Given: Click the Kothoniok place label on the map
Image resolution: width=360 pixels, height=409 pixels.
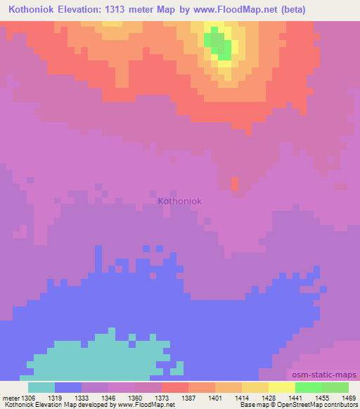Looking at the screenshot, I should click(x=180, y=201).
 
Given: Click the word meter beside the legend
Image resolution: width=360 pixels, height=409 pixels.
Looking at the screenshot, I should click(x=11, y=396).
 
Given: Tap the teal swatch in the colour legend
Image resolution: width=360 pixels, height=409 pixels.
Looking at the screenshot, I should click(x=41, y=387).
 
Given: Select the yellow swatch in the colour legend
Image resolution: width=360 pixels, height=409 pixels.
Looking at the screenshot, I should click(x=281, y=387).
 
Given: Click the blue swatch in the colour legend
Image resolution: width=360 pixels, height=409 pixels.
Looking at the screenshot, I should click(x=68, y=387).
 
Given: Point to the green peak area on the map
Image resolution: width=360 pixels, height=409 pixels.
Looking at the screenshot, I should click(x=219, y=44).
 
